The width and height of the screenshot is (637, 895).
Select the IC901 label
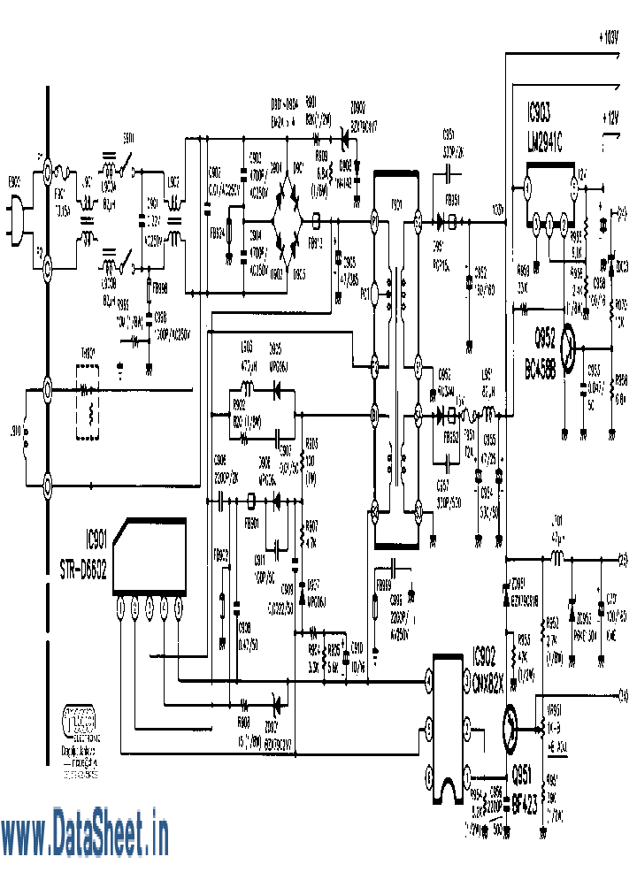coord(95,537)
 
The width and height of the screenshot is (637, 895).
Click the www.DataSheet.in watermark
coord(85,836)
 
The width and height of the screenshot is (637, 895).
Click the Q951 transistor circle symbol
coord(512,728)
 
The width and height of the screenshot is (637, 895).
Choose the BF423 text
coord(526,796)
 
